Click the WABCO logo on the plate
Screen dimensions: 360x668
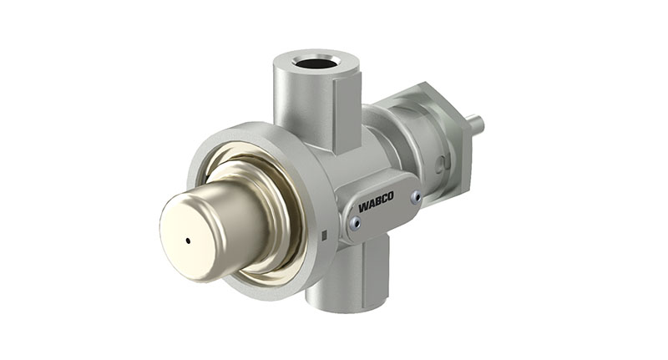(x=377, y=203)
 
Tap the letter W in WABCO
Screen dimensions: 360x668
(x=363, y=206)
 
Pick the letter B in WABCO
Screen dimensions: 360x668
(x=377, y=203)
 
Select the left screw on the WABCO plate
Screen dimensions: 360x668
(x=356, y=221)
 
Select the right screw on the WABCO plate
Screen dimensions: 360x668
(x=415, y=197)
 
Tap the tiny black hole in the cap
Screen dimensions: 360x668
(x=188, y=241)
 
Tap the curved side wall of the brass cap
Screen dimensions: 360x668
(x=234, y=213)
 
